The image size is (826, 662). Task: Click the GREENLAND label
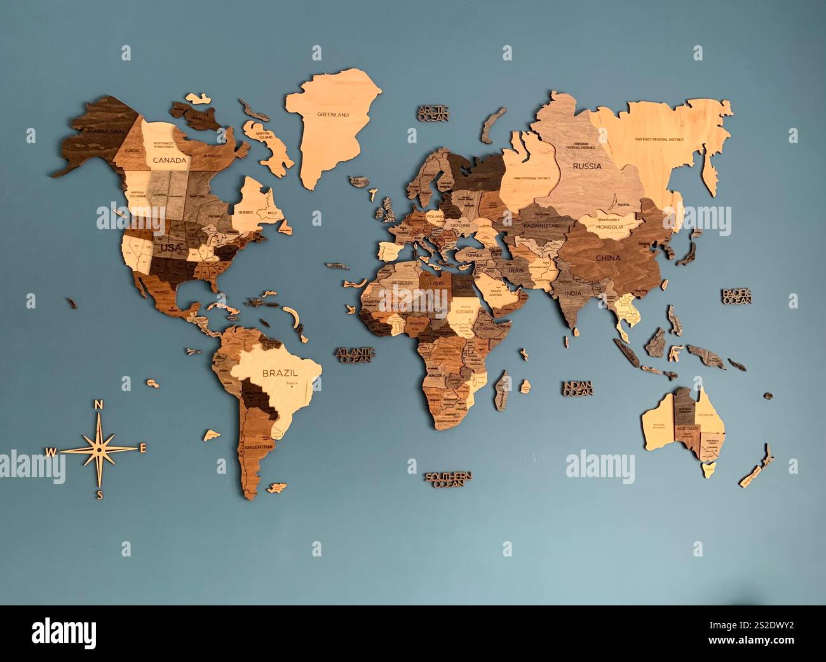click(x=334, y=115)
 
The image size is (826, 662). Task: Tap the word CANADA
click(x=170, y=160)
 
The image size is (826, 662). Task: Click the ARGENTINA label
click(x=257, y=447)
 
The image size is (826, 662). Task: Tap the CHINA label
click(x=607, y=258)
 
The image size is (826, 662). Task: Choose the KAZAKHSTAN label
click(x=541, y=226)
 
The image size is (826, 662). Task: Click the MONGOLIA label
click(x=609, y=226)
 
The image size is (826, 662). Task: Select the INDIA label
click(x=572, y=293)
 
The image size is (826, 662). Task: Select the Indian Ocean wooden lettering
click(x=577, y=388)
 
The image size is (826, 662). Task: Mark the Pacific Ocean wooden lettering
click(x=736, y=296)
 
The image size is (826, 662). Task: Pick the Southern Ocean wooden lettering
click(x=449, y=479)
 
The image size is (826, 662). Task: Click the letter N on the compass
click(x=98, y=405)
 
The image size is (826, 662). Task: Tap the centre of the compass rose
click(x=99, y=449)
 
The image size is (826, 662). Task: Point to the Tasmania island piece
click(x=708, y=470)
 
